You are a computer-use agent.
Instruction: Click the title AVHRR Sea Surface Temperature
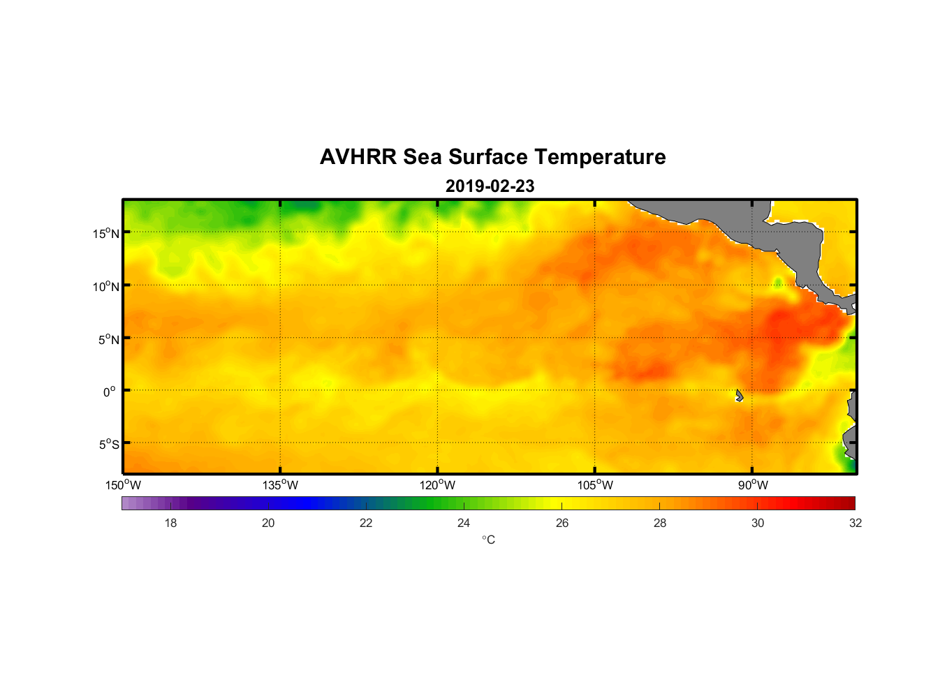[x=492, y=157]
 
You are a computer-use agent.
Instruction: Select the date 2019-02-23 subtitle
[x=490, y=186]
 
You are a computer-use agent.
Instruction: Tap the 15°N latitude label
[x=106, y=233]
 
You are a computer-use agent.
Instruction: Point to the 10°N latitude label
[x=106, y=286]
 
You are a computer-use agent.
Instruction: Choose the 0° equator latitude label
[x=110, y=392]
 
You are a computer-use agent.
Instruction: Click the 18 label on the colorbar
[x=170, y=523]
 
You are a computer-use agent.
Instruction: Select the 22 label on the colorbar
[x=366, y=523]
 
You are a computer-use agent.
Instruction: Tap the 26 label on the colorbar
[x=562, y=523]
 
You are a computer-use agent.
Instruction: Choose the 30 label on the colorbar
[x=758, y=523]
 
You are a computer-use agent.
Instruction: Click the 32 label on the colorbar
[x=856, y=523]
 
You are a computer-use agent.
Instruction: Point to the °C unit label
[x=488, y=540]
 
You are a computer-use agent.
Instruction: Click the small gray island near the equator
[x=739, y=396]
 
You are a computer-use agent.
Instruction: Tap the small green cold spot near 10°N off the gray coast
[x=777, y=283]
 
